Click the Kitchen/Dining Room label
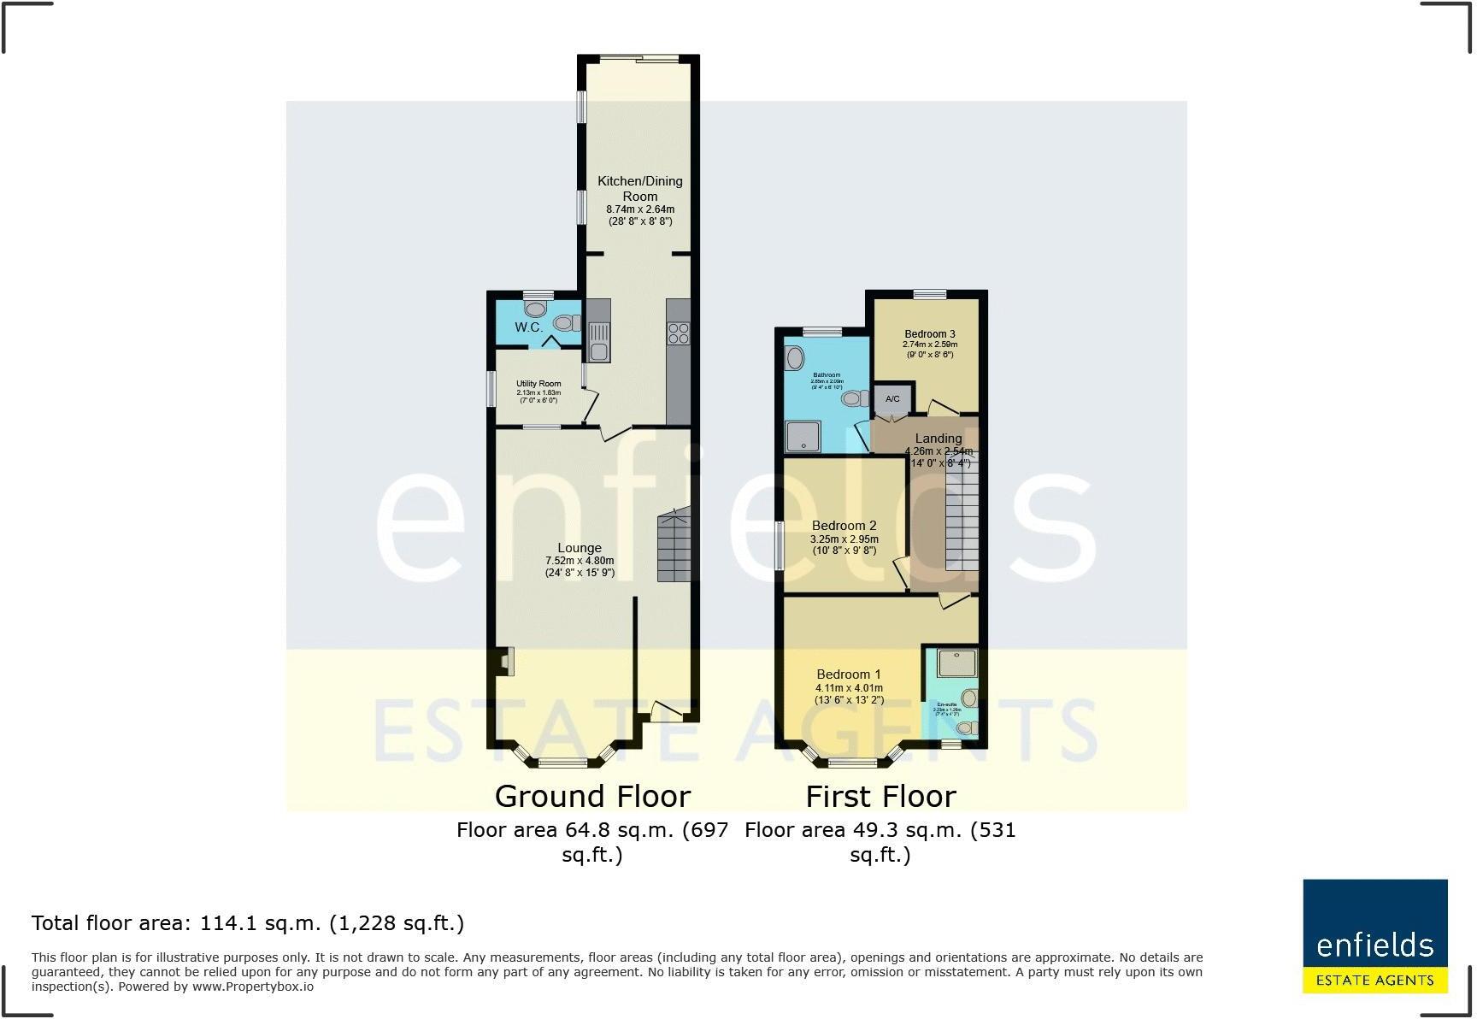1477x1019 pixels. [x=639, y=188]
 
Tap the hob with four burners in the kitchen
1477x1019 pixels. [x=679, y=333]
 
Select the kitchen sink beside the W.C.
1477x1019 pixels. [x=597, y=339]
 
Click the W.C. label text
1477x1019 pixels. [x=528, y=327]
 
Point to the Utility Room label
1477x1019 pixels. [x=538, y=384]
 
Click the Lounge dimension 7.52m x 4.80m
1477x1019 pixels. [x=580, y=561]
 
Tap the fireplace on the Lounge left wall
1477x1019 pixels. [x=503, y=661]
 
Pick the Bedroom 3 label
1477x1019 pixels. [x=929, y=334]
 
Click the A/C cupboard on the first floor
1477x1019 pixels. [x=891, y=399]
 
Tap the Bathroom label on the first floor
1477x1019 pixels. [x=826, y=374]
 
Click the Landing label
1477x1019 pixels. [x=939, y=439]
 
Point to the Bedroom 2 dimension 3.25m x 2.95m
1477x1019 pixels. [x=844, y=539]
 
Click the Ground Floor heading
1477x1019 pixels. [x=592, y=796]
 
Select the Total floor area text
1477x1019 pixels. [x=248, y=923]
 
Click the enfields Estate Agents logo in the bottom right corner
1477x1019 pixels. [x=1374, y=936]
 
